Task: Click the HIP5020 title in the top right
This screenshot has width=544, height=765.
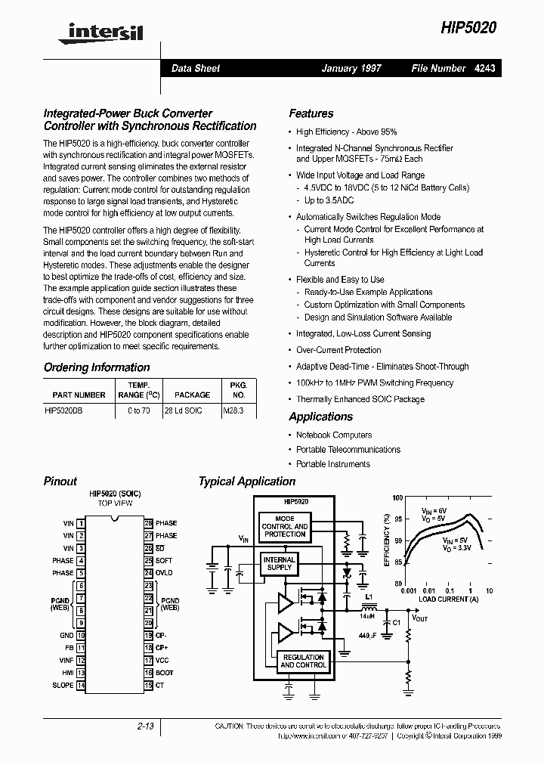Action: [x=468, y=26]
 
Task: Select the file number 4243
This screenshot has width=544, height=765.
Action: [x=485, y=68]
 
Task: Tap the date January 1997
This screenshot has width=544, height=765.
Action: [x=351, y=68]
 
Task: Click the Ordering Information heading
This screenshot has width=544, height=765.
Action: [x=97, y=367]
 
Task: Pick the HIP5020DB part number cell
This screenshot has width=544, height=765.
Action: [x=64, y=411]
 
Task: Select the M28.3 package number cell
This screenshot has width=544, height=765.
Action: [x=233, y=411]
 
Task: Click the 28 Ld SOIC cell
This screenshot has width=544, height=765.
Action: [x=183, y=411]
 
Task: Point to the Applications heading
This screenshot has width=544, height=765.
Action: [x=320, y=417]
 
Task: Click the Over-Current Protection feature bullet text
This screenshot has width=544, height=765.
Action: [x=338, y=350]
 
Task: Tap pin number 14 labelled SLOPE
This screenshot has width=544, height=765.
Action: [x=81, y=685]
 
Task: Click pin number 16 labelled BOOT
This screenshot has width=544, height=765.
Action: [x=149, y=672]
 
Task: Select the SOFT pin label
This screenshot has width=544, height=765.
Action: [x=164, y=560]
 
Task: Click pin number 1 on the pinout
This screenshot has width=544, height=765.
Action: [x=81, y=523]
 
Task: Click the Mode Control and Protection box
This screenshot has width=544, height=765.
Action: [x=285, y=526]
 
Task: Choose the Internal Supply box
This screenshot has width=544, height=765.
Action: [x=279, y=563]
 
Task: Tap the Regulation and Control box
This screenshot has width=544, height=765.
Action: [x=303, y=661]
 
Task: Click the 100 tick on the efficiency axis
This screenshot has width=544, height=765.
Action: [x=397, y=498]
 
